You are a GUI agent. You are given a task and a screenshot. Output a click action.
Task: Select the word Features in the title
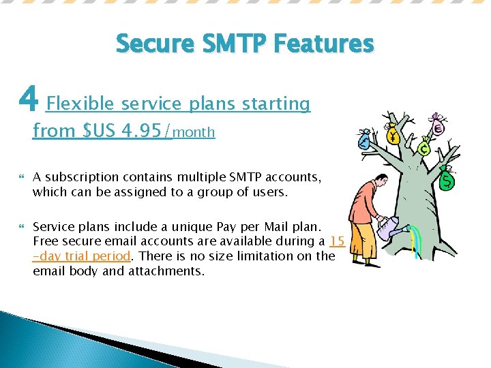[323, 44]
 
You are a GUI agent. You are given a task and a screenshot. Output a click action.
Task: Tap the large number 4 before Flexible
[28, 101]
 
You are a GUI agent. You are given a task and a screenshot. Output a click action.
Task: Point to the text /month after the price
[189, 132]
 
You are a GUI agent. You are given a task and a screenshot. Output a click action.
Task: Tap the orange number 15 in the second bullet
[336, 241]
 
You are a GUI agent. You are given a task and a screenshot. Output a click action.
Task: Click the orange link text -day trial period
[81, 256]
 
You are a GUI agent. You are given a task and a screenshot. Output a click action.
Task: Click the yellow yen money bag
[393, 134]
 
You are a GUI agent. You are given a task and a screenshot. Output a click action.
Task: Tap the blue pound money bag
[366, 140]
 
